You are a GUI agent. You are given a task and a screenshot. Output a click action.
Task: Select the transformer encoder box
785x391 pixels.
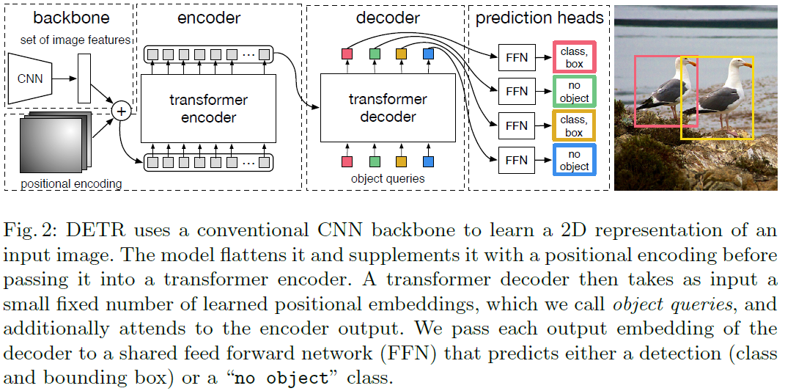tap(208, 109)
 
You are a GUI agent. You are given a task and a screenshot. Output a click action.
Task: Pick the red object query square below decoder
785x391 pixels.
tap(347, 161)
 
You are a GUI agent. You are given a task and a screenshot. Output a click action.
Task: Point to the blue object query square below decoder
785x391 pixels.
tap(429, 161)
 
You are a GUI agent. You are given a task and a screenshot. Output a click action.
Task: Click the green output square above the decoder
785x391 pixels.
tap(375, 54)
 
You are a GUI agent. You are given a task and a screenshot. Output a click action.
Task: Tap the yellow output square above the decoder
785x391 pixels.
tap(401, 54)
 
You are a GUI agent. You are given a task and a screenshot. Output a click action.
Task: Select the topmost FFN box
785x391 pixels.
tap(517, 57)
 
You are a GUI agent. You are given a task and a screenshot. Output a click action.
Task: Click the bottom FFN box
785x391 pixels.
tap(517, 160)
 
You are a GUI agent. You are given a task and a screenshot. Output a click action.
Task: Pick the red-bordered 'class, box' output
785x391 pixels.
tap(573, 57)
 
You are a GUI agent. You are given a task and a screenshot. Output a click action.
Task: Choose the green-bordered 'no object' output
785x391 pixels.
tap(573, 92)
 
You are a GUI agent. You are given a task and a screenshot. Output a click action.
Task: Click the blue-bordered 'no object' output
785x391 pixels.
tap(573, 160)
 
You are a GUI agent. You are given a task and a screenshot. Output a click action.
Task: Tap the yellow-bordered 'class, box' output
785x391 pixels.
tap(573, 125)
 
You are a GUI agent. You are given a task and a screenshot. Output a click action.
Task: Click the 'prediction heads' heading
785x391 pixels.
tap(539, 18)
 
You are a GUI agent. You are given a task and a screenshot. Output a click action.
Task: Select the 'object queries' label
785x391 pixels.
tap(388, 178)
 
